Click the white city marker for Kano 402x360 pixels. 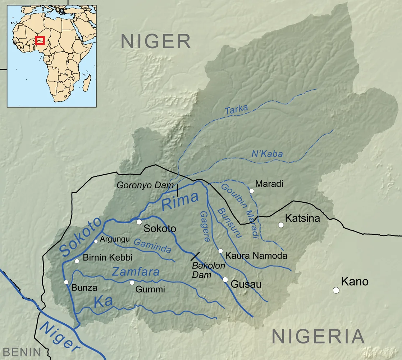[x=336, y=290]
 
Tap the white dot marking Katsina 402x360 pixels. [x=281, y=225]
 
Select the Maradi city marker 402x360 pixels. [x=252, y=191]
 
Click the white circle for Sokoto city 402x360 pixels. [x=139, y=222]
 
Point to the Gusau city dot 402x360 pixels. [x=225, y=279]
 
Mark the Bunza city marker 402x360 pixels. [x=66, y=282]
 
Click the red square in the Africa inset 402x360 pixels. [x=40, y=40]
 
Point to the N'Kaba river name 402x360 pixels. [x=267, y=154]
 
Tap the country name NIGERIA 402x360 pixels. [x=318, y=337]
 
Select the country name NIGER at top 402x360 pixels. [x=155, y=41]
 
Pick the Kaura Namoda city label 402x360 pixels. [x=256, y=256]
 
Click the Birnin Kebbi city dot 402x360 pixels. [x=77, y=261]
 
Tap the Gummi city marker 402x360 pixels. [x=132, y=282]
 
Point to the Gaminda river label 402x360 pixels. [x=152, y=246]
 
